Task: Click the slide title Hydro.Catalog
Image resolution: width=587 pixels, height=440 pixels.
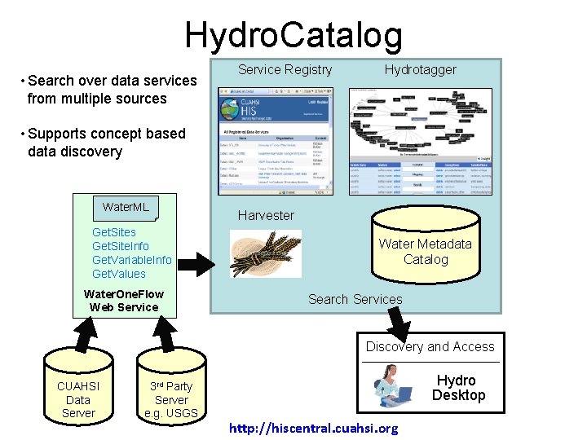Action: pos(293,35)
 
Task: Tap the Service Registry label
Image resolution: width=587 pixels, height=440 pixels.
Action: pos(285,70)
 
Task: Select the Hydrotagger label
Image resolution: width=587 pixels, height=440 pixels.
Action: pos(420,70)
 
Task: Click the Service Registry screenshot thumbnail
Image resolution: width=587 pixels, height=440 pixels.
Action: pos(276,140)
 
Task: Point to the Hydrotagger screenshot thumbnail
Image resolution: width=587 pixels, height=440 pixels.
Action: pos(420,140)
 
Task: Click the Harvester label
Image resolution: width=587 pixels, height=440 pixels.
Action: pos(266,215)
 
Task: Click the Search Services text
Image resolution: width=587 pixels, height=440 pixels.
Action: pos(355,299)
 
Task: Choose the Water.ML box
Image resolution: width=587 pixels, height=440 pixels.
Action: pos(126,207)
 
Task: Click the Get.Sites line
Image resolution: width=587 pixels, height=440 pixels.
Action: pos(114,232)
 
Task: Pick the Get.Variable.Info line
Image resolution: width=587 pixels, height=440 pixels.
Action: pos(132,260)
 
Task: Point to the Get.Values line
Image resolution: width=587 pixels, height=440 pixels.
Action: pos(119,274)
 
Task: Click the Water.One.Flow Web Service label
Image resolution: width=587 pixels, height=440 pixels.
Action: pos(124,301)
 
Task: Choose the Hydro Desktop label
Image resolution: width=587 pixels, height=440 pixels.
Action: pos(458,388)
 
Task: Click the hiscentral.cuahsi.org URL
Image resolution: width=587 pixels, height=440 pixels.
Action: pos(314,429)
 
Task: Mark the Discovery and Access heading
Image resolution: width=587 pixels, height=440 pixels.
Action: pos(430,346)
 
